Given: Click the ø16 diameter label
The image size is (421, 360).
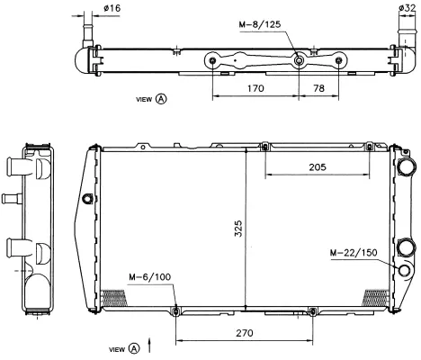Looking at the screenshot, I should tap(113, 8).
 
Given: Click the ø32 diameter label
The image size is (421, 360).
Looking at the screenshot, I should tap(407, 8).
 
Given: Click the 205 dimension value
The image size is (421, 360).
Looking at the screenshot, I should tap(317, 167).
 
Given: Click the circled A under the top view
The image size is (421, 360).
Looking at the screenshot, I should tap(161, 99).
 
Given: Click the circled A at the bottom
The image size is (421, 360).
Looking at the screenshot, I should tap(135, 348).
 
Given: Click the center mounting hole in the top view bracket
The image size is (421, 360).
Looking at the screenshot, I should tap(298, 61).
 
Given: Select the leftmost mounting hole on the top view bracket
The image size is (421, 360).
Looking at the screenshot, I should tap(212, 61).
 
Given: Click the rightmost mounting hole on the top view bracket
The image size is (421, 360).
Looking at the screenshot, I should tap(339, 61).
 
